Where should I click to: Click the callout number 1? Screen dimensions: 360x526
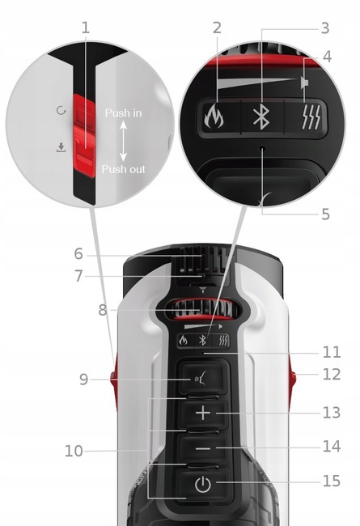coord(86,28)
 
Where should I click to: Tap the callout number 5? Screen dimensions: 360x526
coord(325,214)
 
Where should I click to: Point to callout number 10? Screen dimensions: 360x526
coord(74,452)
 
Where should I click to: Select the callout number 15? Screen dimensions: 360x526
coord(332,481)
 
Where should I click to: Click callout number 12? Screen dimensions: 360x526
coord(332,375)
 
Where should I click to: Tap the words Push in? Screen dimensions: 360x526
coord(123,113)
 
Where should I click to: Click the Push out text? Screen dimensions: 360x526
coord(123,169)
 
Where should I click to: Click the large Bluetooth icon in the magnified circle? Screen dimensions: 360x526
coord(261,117)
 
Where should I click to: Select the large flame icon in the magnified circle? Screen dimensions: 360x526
coord(214,117)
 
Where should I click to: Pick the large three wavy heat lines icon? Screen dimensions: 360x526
coord(311,117)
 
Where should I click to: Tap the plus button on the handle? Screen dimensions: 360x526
coord(203,413)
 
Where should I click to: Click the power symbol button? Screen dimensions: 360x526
coord(203,485)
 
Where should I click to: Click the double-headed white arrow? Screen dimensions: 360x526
coord(123,141)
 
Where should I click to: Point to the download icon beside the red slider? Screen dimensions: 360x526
coord(61,147)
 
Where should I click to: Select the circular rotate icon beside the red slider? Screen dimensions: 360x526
coord(61,110)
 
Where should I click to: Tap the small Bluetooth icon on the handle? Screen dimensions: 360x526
coord(202,341)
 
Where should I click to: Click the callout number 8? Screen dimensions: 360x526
coord(103,310)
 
